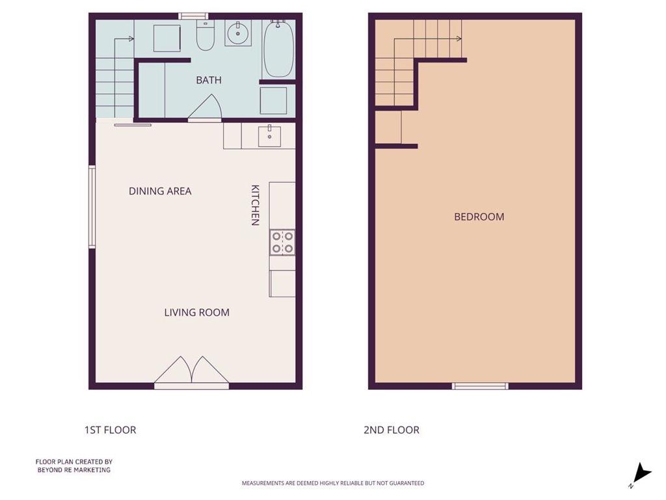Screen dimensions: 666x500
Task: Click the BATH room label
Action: pos(209,80)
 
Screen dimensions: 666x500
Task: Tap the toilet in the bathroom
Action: pos(206,35)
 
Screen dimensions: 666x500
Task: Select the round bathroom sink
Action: pos(238,33)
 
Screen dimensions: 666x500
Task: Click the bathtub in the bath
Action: pos(278,48)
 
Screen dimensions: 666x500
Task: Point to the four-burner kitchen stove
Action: pos(282,242)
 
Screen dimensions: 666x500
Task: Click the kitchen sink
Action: pos(269,136)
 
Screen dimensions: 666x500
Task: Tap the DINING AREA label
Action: pos(160,191)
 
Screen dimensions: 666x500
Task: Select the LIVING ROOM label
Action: pos(196,312)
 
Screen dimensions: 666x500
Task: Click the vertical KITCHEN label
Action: pos(255,205)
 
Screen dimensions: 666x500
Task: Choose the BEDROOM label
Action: pos(479,217)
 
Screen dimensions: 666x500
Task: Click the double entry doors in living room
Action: pos(192,372)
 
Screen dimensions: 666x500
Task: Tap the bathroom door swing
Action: pos(205,108)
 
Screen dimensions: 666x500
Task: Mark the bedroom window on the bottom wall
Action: pos(480,386)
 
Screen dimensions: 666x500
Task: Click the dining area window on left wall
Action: pos(92,206)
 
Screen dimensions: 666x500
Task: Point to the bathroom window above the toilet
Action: pos(193,16)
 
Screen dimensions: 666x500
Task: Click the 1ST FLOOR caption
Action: pos(111,430)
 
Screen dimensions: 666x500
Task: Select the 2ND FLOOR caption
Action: pos(391,430)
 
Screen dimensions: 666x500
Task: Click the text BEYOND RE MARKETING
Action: pos(74,470)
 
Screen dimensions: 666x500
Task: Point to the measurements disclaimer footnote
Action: pos(333,483)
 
